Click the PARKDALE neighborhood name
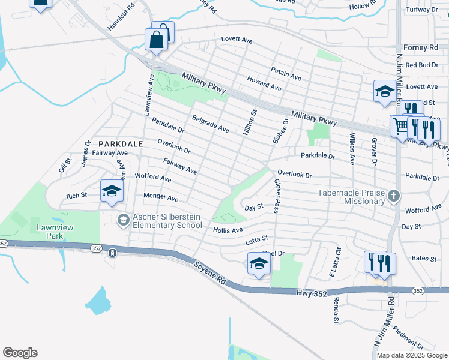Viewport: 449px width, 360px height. tap(121, 144)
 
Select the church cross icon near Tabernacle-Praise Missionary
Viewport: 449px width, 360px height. tap(393, 196)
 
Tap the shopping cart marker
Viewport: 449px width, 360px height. tap(400, 127)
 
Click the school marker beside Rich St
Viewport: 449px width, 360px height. tap(112, 191)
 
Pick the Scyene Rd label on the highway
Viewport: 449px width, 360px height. tap(209, 272)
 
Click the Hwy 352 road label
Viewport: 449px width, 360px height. tap(312, 292)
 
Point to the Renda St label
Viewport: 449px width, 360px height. tap(336, 310)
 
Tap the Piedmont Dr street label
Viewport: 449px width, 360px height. tap(410, 340)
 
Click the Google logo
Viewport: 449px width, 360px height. tap(20, 353)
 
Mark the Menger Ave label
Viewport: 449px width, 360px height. tap(161, 197)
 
